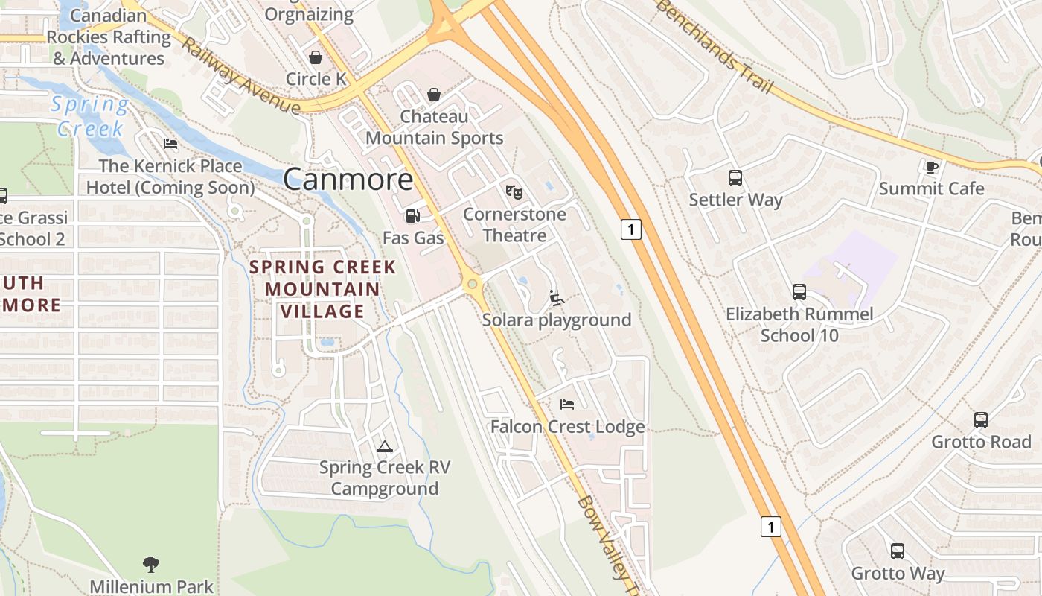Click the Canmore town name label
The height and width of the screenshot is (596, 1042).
(x=348, y=180)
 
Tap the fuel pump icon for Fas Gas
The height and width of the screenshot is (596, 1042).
(x=412, y=216)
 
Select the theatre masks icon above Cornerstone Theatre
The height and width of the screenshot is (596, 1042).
(x=514, y=192)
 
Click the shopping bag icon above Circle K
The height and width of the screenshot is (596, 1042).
(x=316, y=57)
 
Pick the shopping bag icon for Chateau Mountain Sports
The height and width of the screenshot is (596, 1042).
(x=433, y=95)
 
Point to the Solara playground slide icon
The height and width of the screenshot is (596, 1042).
(x=556, y=298)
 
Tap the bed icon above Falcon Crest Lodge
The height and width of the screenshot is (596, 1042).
(x=567, y=405)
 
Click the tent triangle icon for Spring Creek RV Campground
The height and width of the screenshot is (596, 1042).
(x=384, y=446)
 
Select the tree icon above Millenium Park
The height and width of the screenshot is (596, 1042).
(x=151, y=564)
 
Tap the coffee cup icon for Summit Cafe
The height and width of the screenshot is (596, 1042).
(x=931, y=167)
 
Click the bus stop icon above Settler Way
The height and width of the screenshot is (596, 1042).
(x=735, y=178)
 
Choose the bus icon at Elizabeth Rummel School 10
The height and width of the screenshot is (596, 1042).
(x=799, y=292)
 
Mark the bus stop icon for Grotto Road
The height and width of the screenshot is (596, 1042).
(x=981, y=420)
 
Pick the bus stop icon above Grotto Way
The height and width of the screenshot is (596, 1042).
(x=898, y=552)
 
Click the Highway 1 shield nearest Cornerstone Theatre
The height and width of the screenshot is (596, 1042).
(x=630, y=229)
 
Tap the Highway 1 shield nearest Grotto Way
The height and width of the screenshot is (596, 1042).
(x=771, y=527)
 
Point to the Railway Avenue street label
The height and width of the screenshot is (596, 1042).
(x=240, y=77)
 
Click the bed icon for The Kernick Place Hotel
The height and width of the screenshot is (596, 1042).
(x=170, y=144)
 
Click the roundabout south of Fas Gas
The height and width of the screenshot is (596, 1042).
(x=471, y=284)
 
